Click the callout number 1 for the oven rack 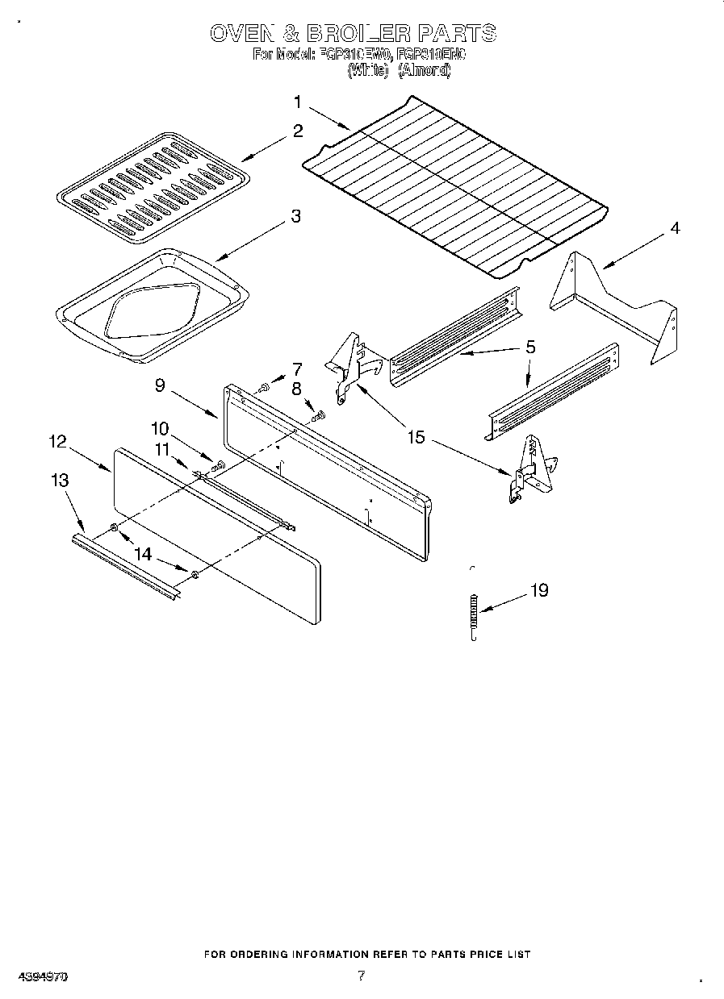coord(297,102)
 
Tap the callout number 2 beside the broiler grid coord(298,131)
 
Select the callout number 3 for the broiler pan coord(296,217)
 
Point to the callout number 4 coord(674,228)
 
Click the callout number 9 coord(160,386)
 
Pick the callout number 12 coord(57,442)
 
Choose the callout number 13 coord(59,481)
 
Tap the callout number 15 coord(416,438)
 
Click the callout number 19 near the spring coord(539,591)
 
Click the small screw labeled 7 coord(264,389)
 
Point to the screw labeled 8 coord(318,416)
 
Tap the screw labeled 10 coord(216,465)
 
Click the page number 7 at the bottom coord(361,976)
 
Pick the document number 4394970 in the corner coord(40,976)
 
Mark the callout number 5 coord(530,347)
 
